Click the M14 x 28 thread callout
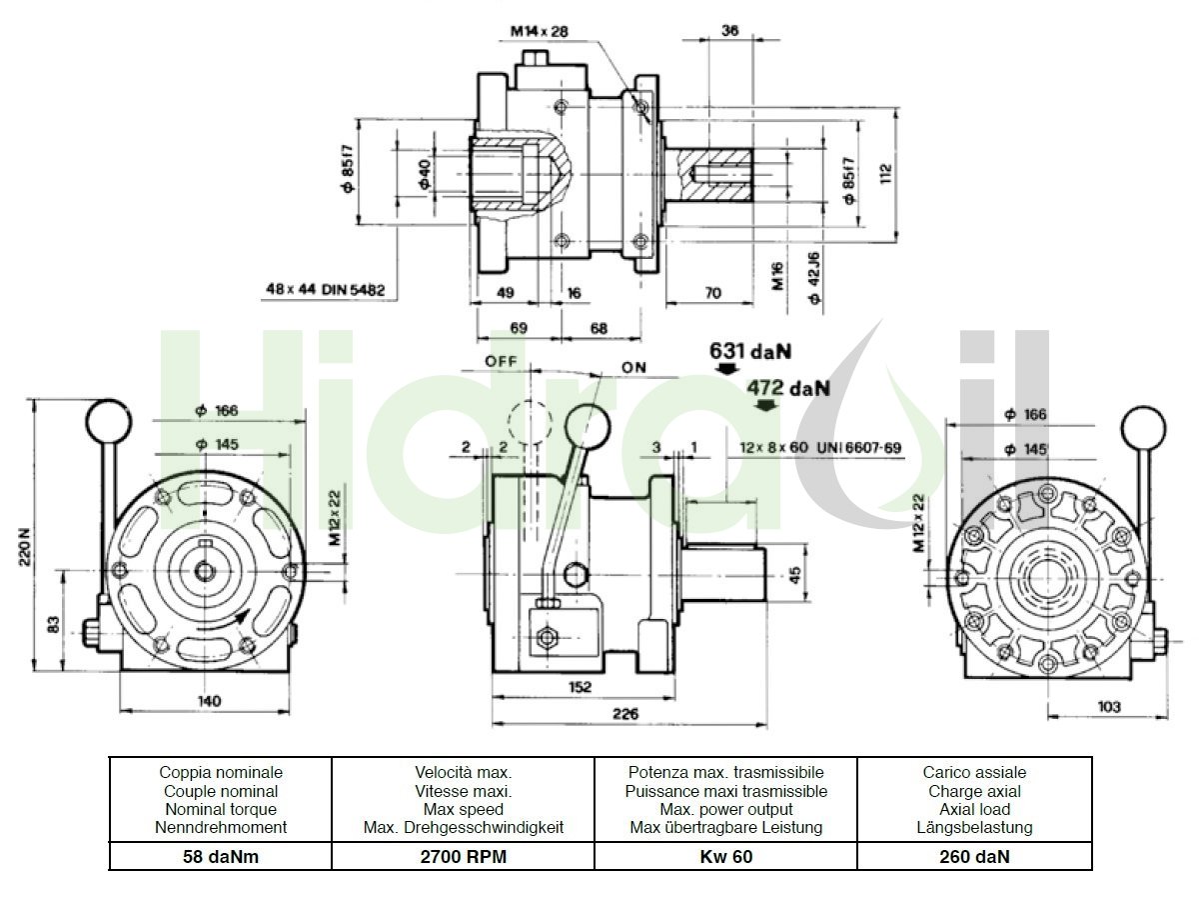(x=540, y=31)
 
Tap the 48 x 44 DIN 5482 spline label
(x=326, y=289)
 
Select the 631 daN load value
(x=750, y=351)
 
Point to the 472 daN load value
(x=788, y=388)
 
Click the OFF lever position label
(x=501, y=361)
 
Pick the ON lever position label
(x=633, y=368)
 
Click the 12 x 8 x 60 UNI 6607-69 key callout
(x=820, y=448)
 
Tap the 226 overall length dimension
(x=625, y=714)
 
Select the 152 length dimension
(x=581, y=687)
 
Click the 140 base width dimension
(x=209, y=701)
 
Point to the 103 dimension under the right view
(x=1109, y=707)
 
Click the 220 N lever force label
(x=25, y=546)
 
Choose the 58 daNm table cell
(x=221, y=856)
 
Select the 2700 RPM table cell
(x=464, y=856)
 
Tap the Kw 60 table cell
(x=726, y=856)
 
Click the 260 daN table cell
(x=974, y=856)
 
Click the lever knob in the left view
(x=109, y=422)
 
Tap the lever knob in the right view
(x=1143, y=428)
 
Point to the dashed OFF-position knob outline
(x=530, y=422)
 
